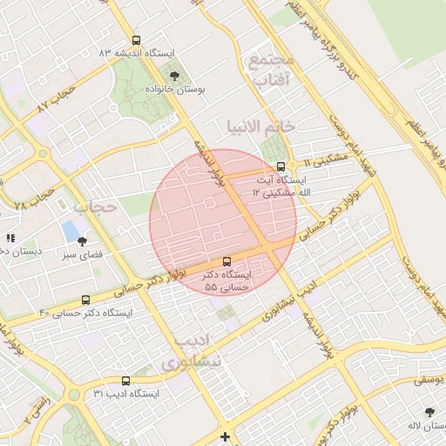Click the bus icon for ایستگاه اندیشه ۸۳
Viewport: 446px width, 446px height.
[x=135, y=39]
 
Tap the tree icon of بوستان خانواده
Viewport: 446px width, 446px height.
[x=174, y=76]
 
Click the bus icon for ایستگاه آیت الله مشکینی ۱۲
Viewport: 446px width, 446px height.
[x=280, y=166]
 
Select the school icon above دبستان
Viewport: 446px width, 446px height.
[x=10, y=237]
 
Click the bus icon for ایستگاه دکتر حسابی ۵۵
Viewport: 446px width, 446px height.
[x=227, y=260]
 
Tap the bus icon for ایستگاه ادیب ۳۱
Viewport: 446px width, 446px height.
[x=126, y=381]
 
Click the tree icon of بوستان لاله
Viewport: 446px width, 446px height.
[x=429, y=411]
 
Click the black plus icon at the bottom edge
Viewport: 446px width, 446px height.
[x=226, y=436]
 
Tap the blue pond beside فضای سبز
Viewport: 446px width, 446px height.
[x=69, y=232]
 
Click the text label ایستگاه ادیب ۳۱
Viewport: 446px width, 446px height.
[x=126, y=395]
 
